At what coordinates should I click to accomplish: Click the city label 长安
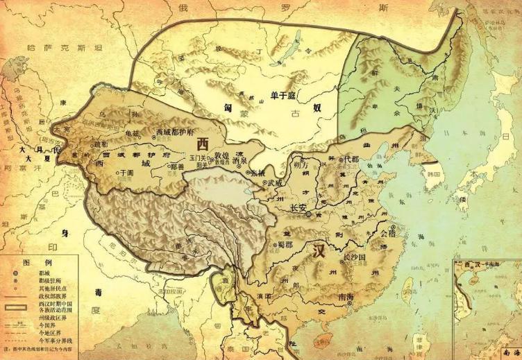[299, 207]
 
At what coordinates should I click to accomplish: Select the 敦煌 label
[221, 155]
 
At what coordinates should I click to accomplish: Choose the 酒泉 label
[241, 158]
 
